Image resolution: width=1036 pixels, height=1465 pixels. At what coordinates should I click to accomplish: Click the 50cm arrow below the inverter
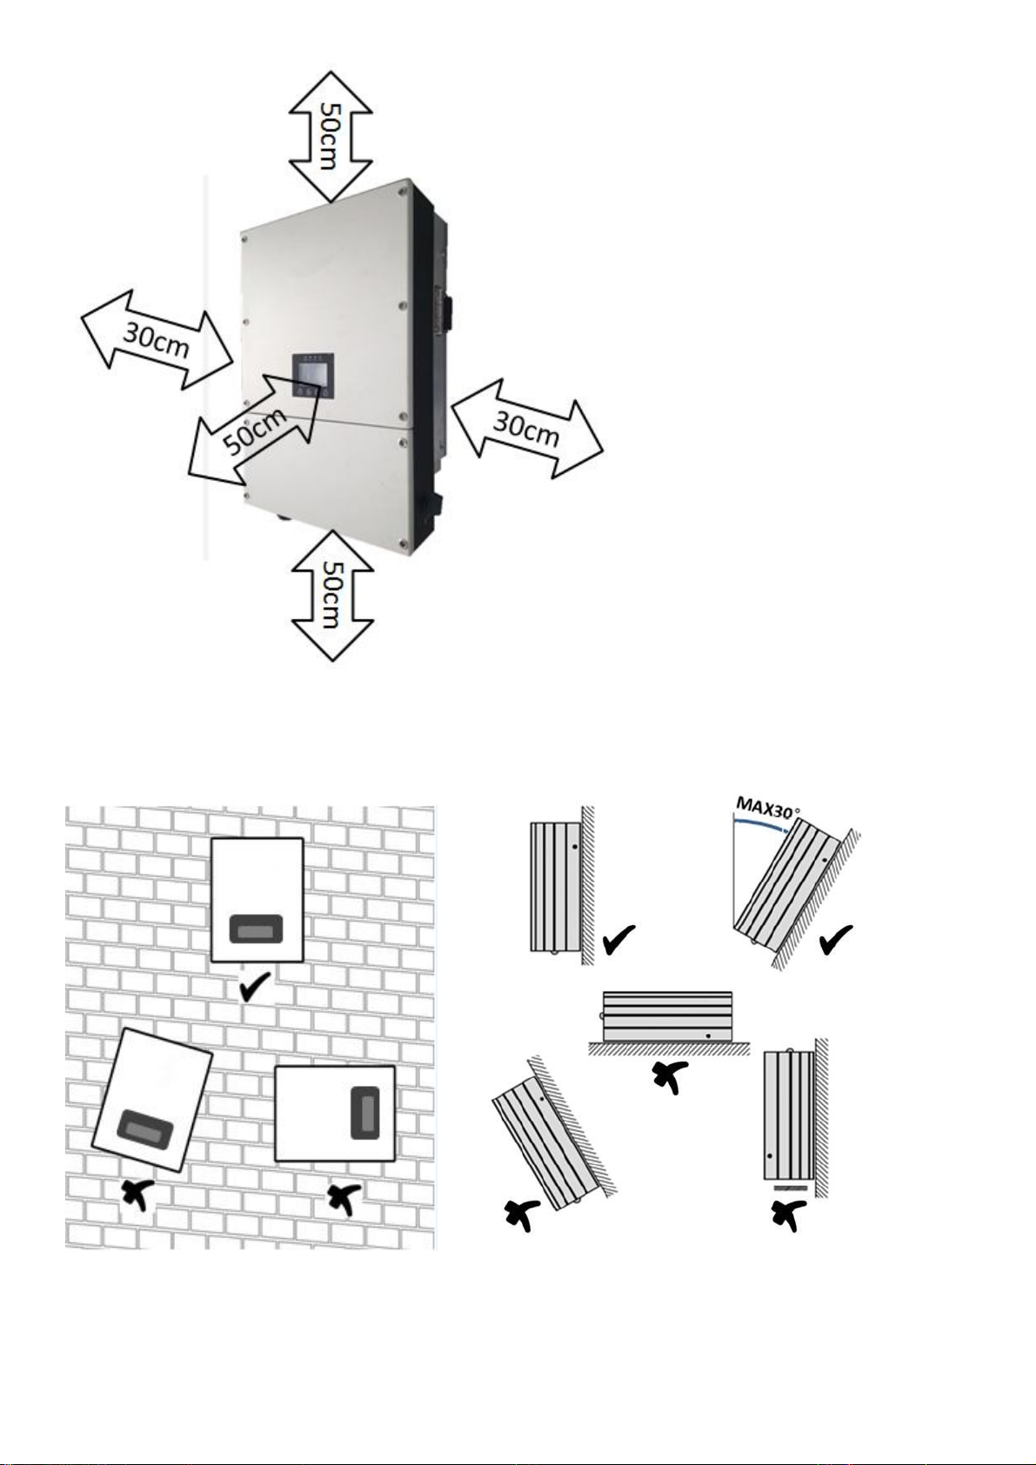point(332,596)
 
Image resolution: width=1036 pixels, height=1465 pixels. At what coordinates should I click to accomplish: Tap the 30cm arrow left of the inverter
point(157,340)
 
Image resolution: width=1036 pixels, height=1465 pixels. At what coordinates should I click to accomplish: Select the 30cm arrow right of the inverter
point(527,428)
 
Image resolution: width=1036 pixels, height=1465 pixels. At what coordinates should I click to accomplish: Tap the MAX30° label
point(767,809)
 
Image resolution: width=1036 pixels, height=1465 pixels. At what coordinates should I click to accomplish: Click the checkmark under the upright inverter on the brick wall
point(255,987)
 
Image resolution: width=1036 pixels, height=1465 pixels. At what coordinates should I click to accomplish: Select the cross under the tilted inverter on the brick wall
point(134,1195)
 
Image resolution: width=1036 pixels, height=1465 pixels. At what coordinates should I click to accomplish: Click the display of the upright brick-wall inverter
point(257,930)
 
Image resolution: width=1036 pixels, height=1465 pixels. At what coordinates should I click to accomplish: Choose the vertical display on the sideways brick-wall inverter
point(364,1112)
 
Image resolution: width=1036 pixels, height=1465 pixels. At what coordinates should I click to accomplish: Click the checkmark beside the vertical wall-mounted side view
point(618,941)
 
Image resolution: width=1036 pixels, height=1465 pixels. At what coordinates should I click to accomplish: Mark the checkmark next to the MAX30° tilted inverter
point(835,939)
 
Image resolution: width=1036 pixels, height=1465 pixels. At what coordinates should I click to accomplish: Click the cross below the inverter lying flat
point(670,1076)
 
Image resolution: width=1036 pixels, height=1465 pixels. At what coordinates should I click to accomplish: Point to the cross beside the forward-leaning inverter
point(522,1215)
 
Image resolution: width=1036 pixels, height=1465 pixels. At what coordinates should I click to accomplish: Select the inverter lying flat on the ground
point(667,1016)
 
